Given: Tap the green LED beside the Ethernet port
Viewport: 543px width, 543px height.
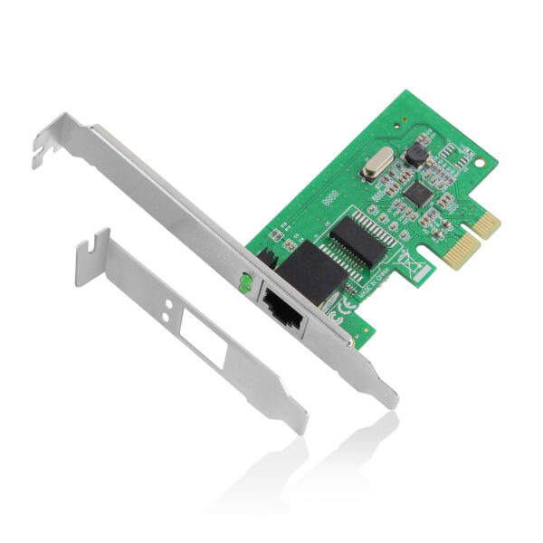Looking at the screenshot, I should [243, 284].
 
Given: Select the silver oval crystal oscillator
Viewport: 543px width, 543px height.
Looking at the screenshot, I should [374, 168].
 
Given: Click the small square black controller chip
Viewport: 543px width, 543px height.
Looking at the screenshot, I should [416, 192].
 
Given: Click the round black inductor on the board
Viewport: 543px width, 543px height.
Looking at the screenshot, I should [415, 154].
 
